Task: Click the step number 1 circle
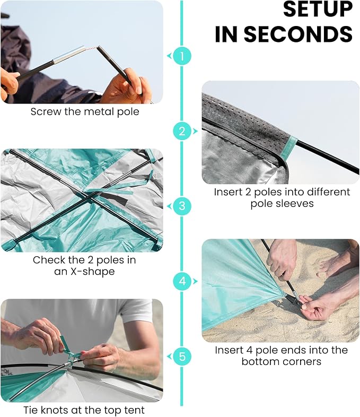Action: pyautogui.click(x=182, y=56)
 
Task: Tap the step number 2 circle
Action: pyautogui.click(x=182, y=131)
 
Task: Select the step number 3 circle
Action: pyautogui.click(x=182, y=206)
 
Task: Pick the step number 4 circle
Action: pyautogui.click(x=182, y=281)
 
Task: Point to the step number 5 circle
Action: pyautogui.click(x=182, y=357)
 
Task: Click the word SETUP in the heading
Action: pyautogui.click(x=318, y=10)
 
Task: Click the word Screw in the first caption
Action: pyautogui.click(x=46, y=112)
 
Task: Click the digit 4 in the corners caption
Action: pyautogui.click(x=249, y=350)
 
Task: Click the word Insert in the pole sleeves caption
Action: pyautogui.click(x=228, y=192)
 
